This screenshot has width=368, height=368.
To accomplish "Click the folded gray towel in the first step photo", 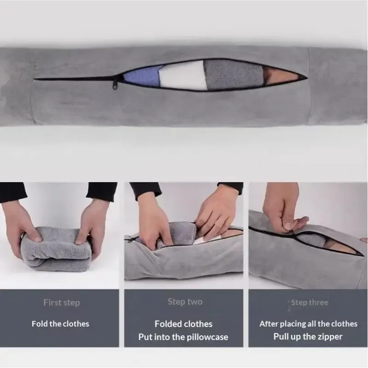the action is pos(55,249).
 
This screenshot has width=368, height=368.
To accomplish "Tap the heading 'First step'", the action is pos(62,303).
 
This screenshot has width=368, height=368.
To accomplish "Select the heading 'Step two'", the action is pos(185,302).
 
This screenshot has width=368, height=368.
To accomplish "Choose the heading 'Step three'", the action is pos(310,303).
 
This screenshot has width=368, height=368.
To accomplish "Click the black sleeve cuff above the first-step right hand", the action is pos(102,191).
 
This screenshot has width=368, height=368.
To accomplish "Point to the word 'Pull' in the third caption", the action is pos(281,337).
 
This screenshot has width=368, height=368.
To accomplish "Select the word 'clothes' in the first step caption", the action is pos(75,324).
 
